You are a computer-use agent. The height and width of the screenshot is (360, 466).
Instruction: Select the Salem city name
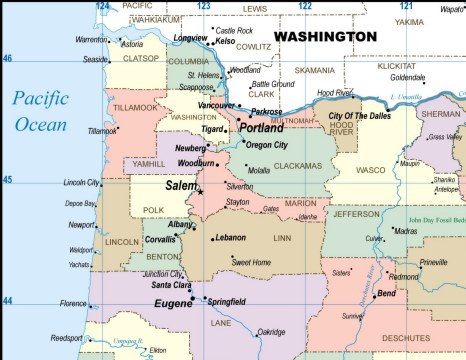[x=181, y=186]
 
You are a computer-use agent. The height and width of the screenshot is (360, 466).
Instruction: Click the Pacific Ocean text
[x=41, y=111]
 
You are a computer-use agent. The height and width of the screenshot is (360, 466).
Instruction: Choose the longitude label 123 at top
[x=204, y=6]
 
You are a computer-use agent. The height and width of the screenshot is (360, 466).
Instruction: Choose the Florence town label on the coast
[x=73, y=304]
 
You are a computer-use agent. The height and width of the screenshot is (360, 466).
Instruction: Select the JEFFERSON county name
[x=357, y=213]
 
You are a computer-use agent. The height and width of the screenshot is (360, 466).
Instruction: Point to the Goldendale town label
[x=407, y=77]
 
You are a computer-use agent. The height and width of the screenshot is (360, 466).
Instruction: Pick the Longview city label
[x=190, y=38]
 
